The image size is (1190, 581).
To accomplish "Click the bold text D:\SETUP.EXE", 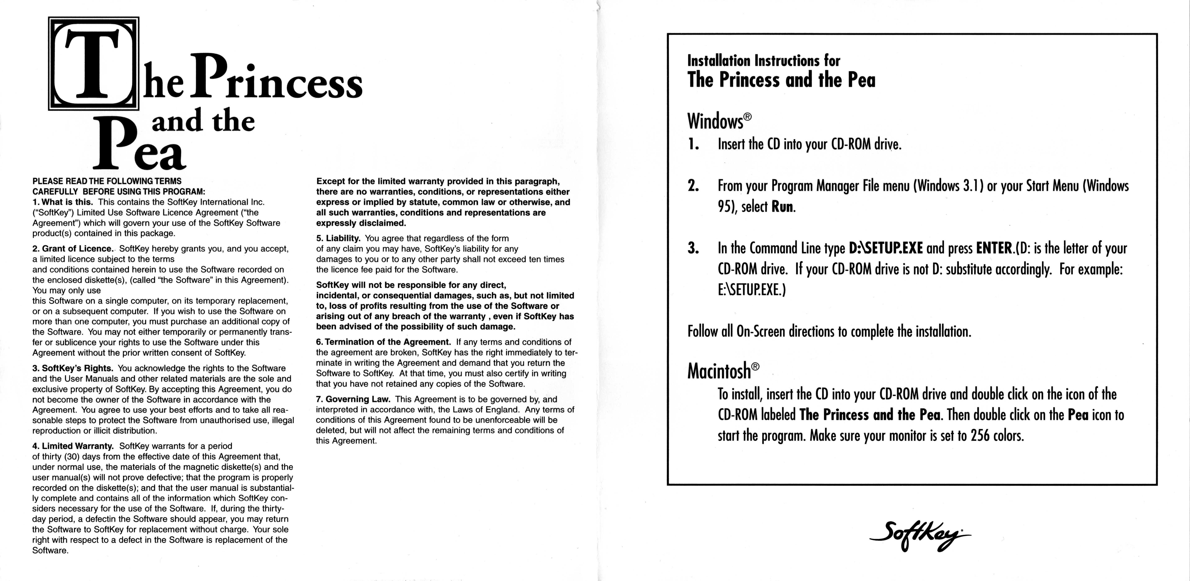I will pyautogui.click(x=886, y=248).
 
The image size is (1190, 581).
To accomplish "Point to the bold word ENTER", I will pyautogui.click(x=993, y=248).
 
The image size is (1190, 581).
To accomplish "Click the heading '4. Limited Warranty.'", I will pyautogui.click(x=73, y=446).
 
